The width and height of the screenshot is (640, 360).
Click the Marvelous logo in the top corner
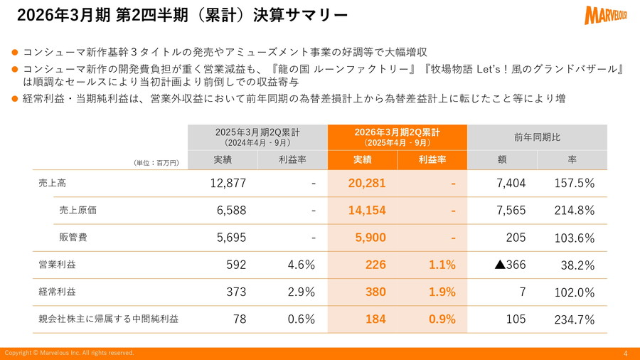[607, 14]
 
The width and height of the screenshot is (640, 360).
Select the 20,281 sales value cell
[367, 183]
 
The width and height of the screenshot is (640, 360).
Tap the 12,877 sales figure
[228, 183]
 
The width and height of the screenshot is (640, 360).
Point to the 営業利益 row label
[57, 265]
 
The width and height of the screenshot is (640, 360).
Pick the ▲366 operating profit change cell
[510, 265]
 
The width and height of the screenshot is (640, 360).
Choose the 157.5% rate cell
[574, 183]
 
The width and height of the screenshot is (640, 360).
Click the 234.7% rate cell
[574, 319]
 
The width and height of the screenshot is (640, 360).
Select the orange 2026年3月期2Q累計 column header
[397, 137]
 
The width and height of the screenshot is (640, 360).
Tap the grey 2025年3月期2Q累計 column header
[257, 137]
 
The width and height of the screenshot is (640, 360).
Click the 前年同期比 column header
[537, 137]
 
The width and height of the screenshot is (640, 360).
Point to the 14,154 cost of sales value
[367, 210]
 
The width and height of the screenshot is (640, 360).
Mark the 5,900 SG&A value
[370, 238]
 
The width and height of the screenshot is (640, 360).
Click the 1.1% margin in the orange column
[442, 265]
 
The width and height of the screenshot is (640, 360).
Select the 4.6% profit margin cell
[301, 265]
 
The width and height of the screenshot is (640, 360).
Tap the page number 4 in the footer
[625, 354]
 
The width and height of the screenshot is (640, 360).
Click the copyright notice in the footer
[69, 353]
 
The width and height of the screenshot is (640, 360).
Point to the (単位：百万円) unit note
[156, 163]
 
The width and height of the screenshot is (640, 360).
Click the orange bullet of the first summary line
[15, 52]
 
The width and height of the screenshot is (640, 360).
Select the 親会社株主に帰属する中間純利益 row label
[109, 319]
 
